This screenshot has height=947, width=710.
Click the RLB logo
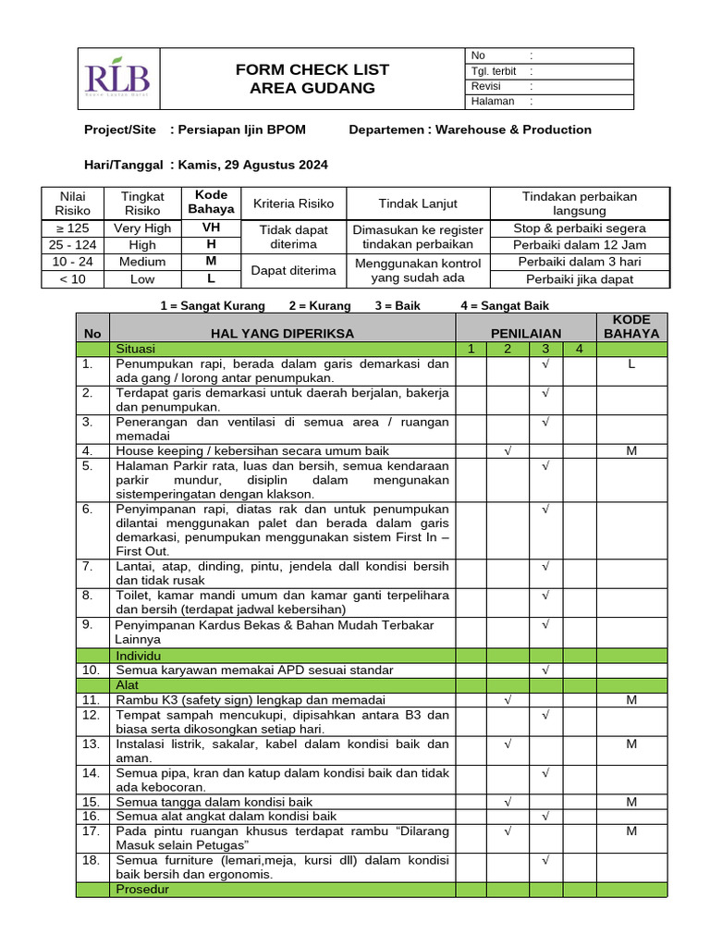116,79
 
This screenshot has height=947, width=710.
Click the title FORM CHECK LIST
312,69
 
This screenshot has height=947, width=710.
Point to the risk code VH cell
211,228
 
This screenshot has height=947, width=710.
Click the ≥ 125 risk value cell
72,228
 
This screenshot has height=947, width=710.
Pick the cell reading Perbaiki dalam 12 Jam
580,245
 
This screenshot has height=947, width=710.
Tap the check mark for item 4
508,450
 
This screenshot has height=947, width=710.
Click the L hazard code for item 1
631,364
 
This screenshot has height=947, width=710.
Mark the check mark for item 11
508,700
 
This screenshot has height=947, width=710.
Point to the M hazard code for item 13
631,744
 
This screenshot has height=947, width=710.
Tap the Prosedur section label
141,889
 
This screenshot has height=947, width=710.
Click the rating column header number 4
579,349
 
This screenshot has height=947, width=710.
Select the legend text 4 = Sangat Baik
505,305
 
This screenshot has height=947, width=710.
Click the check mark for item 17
508,831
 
